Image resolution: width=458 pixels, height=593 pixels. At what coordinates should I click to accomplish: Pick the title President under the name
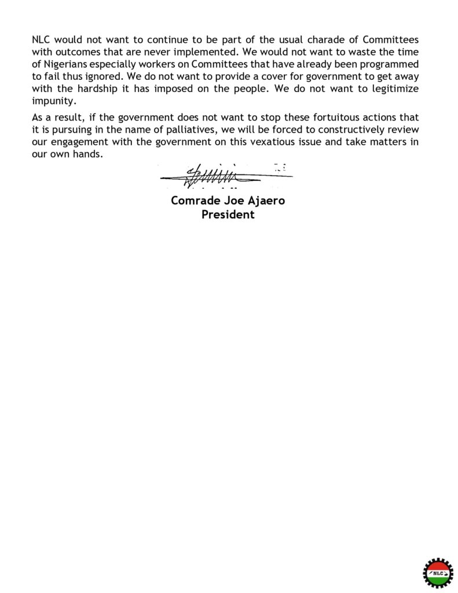(x=228, y=214)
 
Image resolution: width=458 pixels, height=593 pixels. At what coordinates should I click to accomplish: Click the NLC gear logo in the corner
(x=437, y=572)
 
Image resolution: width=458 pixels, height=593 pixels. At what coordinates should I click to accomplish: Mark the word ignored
(x=115, y=76)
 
